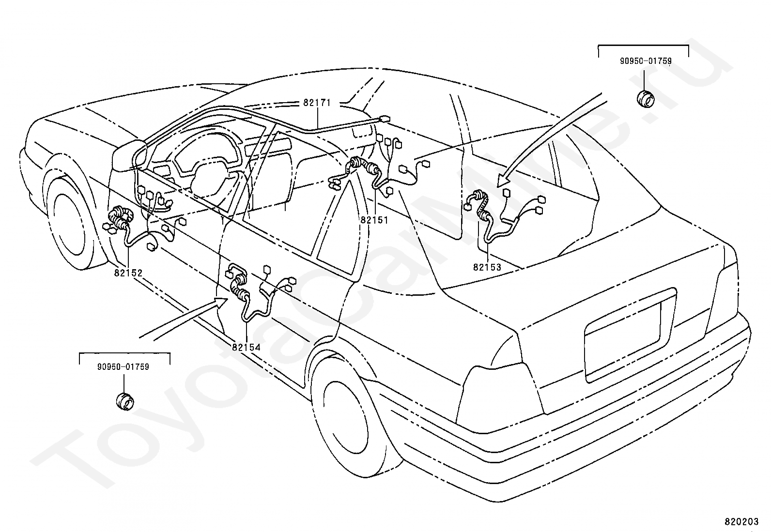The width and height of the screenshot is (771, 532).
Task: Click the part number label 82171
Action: [x=317, y=103]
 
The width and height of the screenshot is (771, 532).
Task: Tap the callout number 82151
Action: [x=374, y=220]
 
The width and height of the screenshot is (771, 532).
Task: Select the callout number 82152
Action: [x=128, y=273]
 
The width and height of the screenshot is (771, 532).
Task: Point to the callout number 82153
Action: [x=487, y=267]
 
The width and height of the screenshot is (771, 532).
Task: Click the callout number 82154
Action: [x=246, y=347]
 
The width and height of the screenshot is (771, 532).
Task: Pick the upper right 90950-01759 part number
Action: [x=646, y=61]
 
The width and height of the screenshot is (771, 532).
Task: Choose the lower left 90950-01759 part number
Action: [x=123, y=367]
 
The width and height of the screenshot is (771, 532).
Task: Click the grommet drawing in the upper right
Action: [x=645, y=99]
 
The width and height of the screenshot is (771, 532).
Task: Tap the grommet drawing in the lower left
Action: [x=124, y=401]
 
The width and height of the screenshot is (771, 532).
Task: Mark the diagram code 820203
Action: [x=741, y=522]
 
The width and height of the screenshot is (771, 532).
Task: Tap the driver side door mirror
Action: [x=129, y=155]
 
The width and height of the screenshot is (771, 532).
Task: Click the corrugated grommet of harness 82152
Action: [x=121, y=218]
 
